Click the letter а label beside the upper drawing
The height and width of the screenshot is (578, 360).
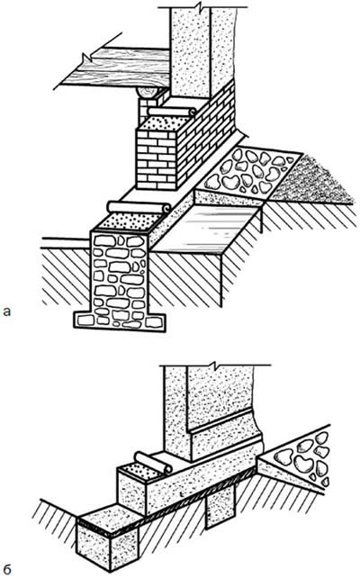[x=6, y=312]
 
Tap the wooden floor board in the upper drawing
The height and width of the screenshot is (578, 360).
[x=114, y=68]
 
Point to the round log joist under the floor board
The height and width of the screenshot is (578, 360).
[x=149, y=92]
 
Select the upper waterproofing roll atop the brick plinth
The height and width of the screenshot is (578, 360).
[x=172, y=112]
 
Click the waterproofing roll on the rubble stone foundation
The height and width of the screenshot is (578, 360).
[x=139, y=207]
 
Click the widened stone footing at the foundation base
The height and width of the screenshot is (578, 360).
[x=120, y=321]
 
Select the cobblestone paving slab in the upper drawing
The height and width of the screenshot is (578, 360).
[x=250, y=171]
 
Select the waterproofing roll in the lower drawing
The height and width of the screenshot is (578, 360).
[x=153, y=463]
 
